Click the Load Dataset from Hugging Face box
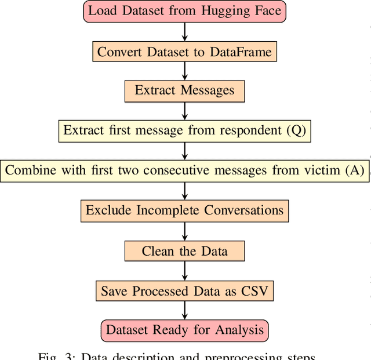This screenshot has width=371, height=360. (x=184, y=12)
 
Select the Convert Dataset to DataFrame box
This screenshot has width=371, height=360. (x=184, y=52)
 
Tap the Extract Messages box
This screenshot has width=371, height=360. (x=184, y=90)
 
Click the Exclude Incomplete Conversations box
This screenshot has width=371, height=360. (x=184, y=210)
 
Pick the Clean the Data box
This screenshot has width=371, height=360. (x=184, y=251)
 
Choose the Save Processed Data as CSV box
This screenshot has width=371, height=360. (x=184, y=291)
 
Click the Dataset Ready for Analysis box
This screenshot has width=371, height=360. (x=184, y=330)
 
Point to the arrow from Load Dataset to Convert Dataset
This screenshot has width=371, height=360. (x=184, y=32)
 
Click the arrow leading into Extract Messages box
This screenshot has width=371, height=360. (x=184, y=71)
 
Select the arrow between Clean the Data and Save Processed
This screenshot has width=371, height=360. (x=184, y=271)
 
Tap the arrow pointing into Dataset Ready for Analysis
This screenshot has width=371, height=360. (x=184, y=311)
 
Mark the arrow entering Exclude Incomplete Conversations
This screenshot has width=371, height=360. (x=184, y=191)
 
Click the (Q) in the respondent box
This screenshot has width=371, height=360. (x=296, y=130)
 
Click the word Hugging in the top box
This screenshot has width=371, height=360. (x=225, y=12)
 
